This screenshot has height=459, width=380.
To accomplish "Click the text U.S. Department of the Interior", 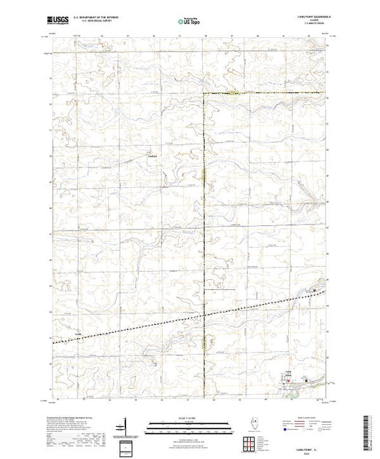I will [93, 19].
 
